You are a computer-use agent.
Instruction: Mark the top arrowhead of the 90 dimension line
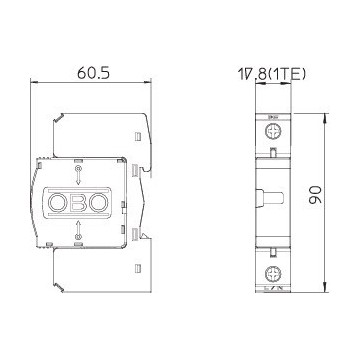coord(327,116)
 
